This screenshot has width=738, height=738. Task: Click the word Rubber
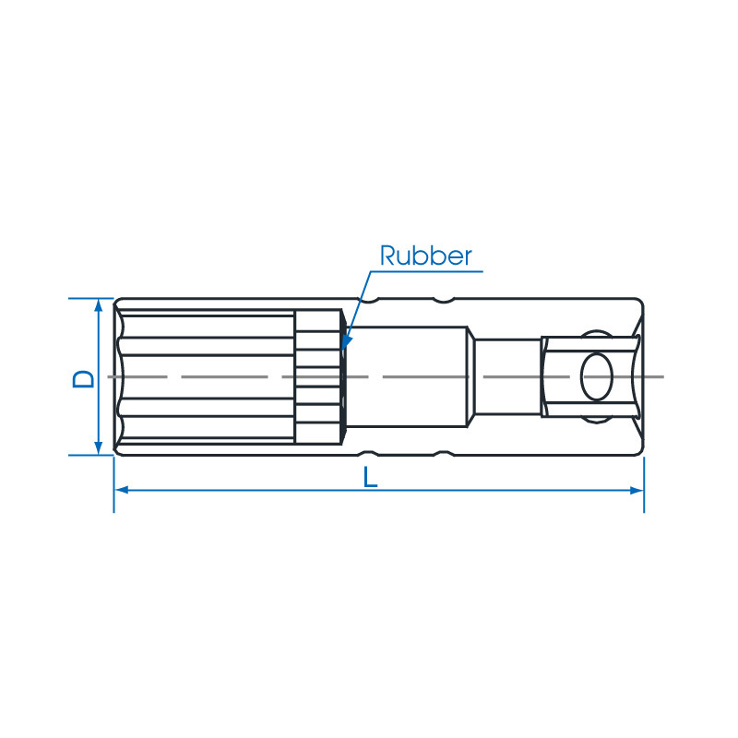point(425,256)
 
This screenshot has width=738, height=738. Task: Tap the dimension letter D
point(83,379)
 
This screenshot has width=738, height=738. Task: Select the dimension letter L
point(371,477)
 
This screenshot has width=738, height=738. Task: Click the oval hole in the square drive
point(597,377)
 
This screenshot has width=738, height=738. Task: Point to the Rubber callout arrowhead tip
point(343,349)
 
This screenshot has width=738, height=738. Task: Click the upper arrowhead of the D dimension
point(99,305)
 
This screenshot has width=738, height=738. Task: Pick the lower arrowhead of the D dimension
point(99,448)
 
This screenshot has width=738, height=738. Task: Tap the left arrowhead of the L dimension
point(122,491)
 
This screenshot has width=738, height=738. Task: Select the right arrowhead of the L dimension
point(637,491)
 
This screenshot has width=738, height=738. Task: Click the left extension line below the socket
point(113,484)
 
